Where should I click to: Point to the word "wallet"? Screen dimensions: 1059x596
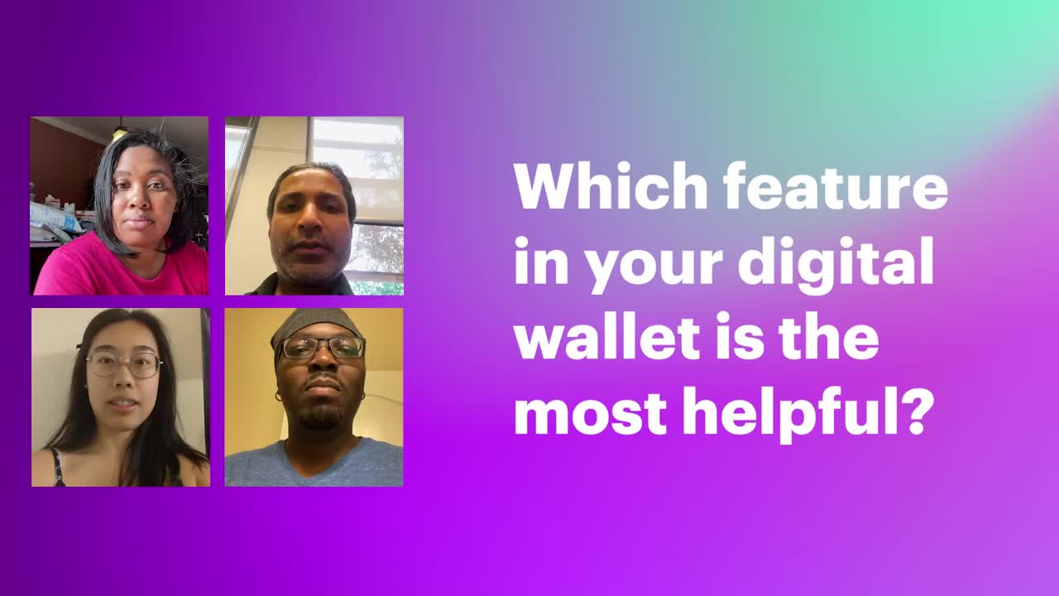[606, 336]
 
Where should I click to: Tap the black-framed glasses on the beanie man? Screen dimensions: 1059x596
[323, 348]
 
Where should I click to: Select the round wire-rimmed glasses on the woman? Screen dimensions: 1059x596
[125, 365]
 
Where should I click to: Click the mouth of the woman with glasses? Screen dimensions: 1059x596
[123, 403]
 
